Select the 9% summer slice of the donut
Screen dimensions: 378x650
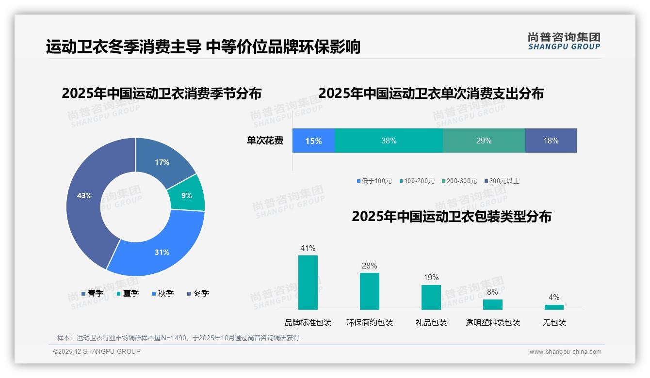click(x=187, y=195)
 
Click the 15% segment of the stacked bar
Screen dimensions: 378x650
click(x=313, y=141)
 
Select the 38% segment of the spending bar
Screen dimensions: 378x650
click(x=389, y=141)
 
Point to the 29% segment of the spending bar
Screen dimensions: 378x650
click(x=484, y=141)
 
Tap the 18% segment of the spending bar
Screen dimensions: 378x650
click(x=551, y=141)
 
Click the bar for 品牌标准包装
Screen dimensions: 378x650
click(x=308, y=283)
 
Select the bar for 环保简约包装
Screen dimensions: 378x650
click(x=370, y=291)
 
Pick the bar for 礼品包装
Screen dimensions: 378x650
click(x=431, y=297)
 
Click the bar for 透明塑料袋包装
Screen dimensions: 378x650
click(x=493, y=304)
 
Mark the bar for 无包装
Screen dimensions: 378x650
click(x=554, y=307)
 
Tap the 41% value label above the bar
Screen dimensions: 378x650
click(x=308, y=248)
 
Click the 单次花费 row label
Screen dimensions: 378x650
click(x=265, y=141)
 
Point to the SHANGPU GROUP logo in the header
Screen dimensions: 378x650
click(x=564, y=41)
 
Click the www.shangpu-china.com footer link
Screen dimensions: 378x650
click(x=565, y=351)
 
